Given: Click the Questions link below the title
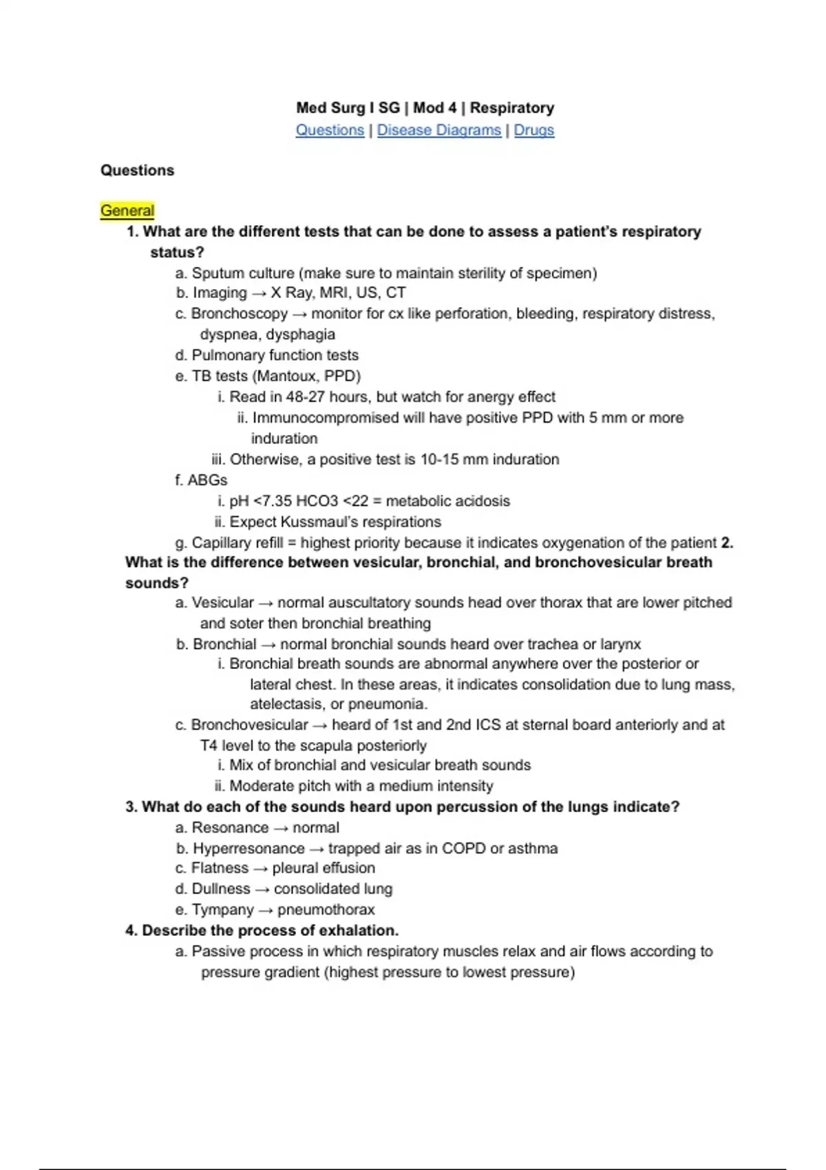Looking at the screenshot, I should pos(330,130).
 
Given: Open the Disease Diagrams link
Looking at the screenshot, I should pos(438,130).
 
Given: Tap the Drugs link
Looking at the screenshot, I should pos(533,130).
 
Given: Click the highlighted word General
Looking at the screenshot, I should pos(127,211).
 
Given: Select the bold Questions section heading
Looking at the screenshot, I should pos(137,170).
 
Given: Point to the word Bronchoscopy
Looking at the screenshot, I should pos(239,314).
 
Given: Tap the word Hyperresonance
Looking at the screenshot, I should pos(248,849).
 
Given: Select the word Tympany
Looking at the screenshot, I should pos(223,910).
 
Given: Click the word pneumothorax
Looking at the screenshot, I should pos(326,910).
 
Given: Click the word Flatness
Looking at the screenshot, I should pos(220,869).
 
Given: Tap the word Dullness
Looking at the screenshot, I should pos(221,889).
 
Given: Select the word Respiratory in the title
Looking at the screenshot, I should pos(511,108).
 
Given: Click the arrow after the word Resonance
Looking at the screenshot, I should pos(281,828).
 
